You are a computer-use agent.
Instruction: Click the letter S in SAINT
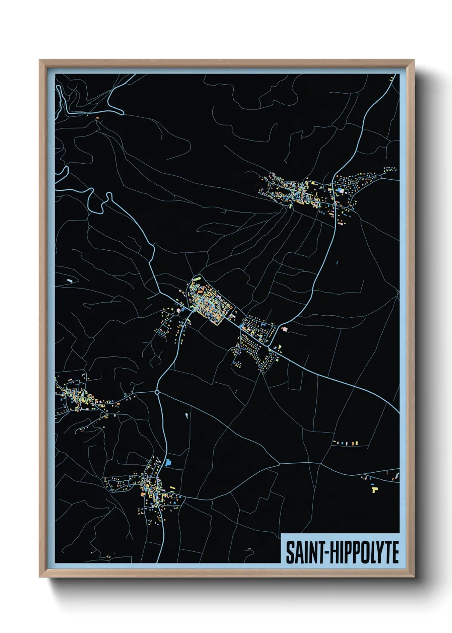290,552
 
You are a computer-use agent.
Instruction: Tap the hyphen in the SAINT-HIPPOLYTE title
328,553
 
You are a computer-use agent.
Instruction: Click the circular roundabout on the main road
157,392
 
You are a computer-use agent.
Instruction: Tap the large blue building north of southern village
168,462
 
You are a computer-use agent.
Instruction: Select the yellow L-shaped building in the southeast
374,488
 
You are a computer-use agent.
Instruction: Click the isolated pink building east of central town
285,328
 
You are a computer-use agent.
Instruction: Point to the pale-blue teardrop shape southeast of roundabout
187,415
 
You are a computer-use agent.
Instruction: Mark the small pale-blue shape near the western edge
70,281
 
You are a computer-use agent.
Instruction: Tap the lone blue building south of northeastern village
337,263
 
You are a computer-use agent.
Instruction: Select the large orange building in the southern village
143,494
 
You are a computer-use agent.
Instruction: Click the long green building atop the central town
198,278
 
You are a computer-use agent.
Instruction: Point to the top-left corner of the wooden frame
40,61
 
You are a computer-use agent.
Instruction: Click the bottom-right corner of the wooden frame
414,577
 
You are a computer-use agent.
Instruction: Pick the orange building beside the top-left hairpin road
97,117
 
